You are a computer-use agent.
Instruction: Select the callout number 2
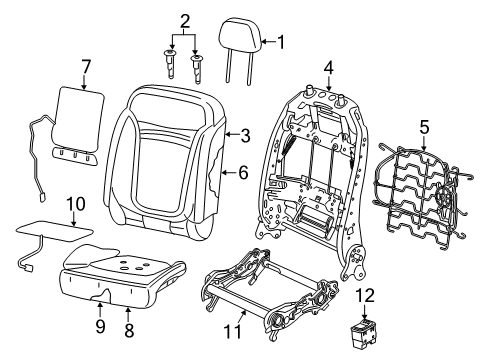(184, 21)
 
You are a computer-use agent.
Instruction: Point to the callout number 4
(329, 68)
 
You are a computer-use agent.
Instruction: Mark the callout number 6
(243, 171)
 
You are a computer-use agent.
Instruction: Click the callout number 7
(86, 67)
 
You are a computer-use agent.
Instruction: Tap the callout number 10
(70, 204)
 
